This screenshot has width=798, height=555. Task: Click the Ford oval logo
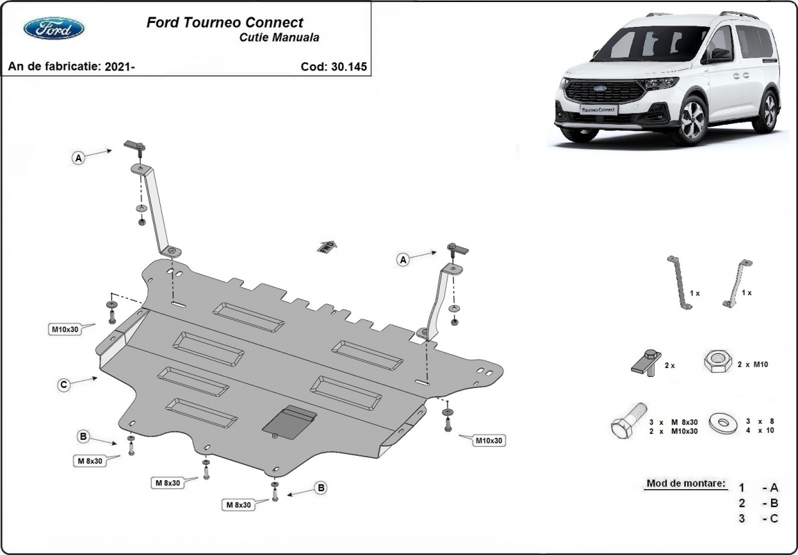pyautogui.click(x=54, y=28)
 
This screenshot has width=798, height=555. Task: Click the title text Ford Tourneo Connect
pyautogui.click(x=224, y=23)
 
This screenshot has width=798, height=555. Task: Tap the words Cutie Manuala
pyautogui.click(x=275, y=38)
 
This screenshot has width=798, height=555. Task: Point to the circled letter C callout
pyautogui.click(x=63, y=385)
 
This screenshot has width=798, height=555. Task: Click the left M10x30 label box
pyautogui.click(x=64, y=329)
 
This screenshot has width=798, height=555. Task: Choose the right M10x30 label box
pyautogui.click(x=488, y=440)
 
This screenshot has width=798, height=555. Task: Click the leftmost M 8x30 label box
pyautogui.click(x=89, y=461)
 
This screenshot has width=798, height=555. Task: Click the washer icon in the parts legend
pyautogui.click(x=722, y=422)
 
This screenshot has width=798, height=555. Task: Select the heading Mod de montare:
pyautogui.click(x=686, y=483)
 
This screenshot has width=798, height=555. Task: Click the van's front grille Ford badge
pyautogui.click(x=598, y=89)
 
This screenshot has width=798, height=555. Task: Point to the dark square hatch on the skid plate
pyautogui.click(x=290, y=421)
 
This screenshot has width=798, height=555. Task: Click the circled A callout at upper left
pyautogui.click(x=78, y=159)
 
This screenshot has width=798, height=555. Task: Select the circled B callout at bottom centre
pyautogui.click(x=321, y=488)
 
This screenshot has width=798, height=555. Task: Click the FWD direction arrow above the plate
pyautogui.click(x=326, y=246)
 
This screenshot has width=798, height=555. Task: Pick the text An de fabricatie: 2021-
pyautogui.click(x=71, y=67)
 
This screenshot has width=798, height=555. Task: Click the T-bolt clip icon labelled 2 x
pyautogui.click(x=646, y=362)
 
